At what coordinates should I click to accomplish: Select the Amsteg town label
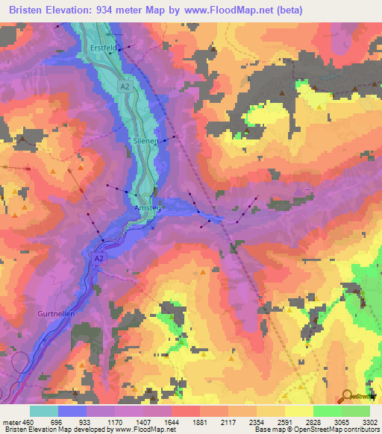pyautogui.click(x=147, y=209)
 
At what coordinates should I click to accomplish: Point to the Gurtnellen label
pyautogui.click(x=55, y=315)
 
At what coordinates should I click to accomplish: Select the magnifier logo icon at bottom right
pyautogui.click(x=348, y=396)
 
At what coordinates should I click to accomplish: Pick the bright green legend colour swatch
pyautogui.click(x=327, y=410)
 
